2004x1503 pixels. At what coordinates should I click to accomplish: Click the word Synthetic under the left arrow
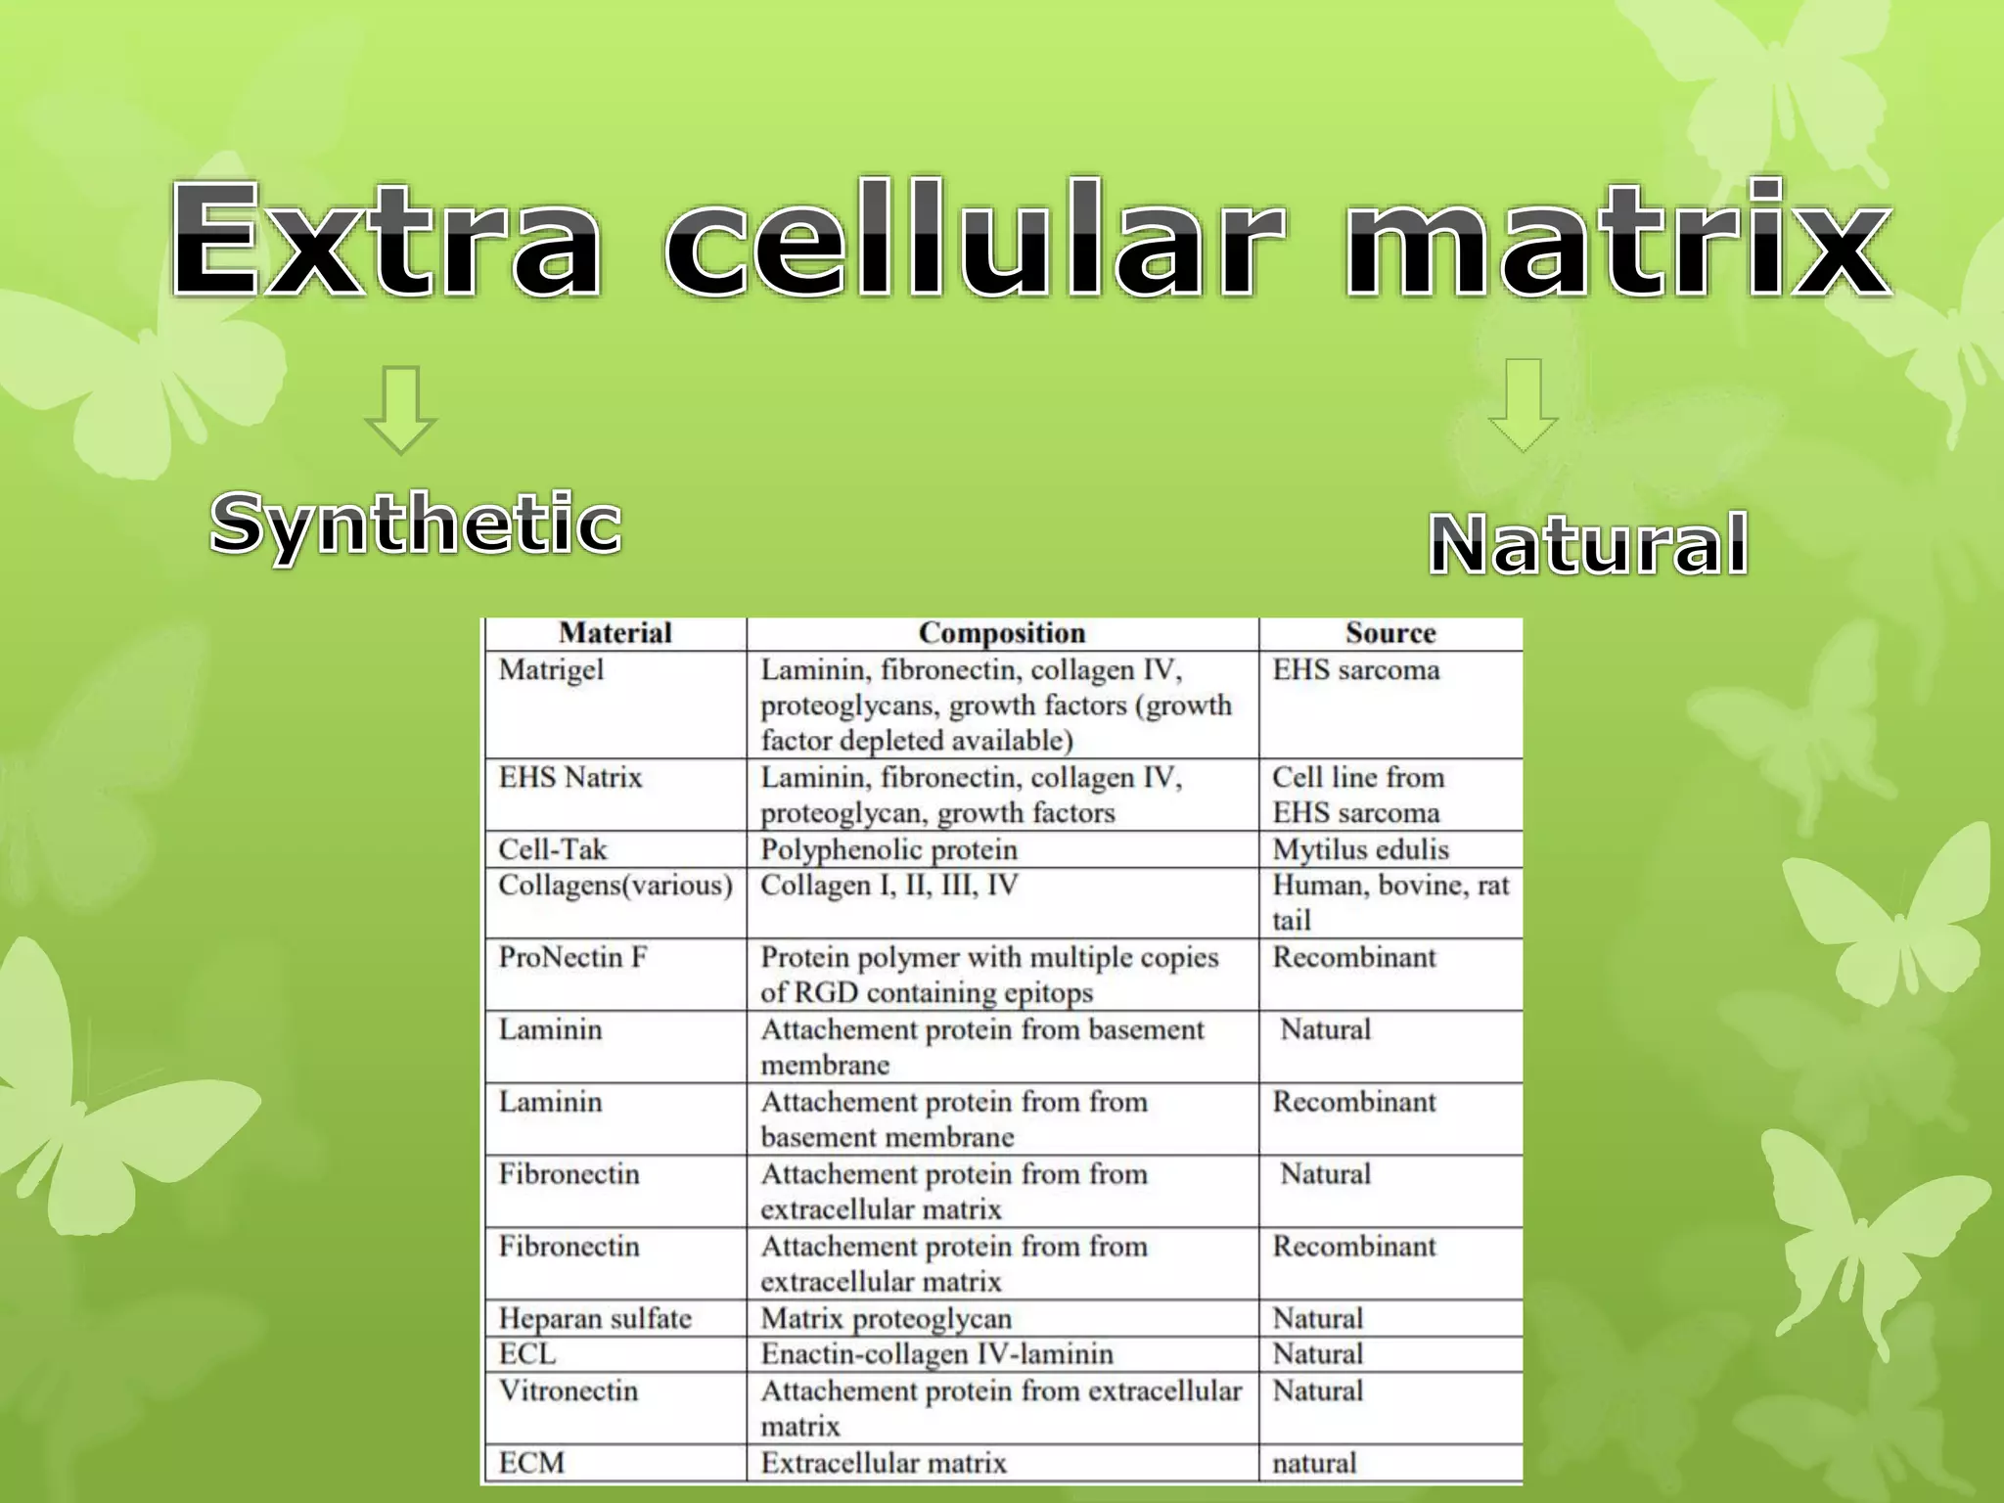[x=416, y=524]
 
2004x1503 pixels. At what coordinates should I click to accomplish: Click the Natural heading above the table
[x=1587, y=544]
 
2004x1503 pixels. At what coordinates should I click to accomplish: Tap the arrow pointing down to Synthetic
[x=400, y=410]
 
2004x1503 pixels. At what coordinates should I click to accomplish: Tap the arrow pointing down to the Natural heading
[x=1523, y=404]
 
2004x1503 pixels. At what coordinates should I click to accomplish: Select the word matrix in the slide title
[x=1618, y=240]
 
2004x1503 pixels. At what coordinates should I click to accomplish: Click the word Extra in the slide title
[x=386, y=240]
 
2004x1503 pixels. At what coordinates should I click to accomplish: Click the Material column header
[x=615, y=633]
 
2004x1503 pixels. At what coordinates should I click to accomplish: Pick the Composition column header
[x=1002, y=633]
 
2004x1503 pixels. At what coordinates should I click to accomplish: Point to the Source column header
[x=1389, y=633]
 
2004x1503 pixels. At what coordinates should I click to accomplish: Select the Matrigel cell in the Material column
[x=552, y=670]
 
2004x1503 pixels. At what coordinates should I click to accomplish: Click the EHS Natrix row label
[x=570, y=778]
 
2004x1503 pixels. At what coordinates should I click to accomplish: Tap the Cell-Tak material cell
[x=553, y=849]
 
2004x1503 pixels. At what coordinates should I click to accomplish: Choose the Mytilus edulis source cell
[x=1360, y=849]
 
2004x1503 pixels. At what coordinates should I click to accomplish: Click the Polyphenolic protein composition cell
[x=888, y=849]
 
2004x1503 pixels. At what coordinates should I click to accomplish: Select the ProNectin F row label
[x=573, y=957]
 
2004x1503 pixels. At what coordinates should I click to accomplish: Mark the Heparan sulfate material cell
[x=595, y=1318]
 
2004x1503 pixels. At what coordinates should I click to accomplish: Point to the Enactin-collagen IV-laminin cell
[x=936, y=1354]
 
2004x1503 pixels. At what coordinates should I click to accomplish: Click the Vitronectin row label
[x=569, y=1390]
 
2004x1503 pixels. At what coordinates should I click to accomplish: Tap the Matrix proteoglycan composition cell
[x=886, y=1318]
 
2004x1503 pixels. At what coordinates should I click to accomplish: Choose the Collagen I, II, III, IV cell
[x=888, y=886]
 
